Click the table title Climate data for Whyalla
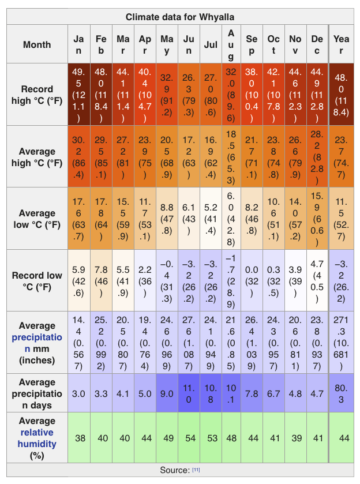point(180,17)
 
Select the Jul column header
point(211,45)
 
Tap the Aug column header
point(231,45)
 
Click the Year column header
point(341,45)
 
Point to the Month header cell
point(37,45)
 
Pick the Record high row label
point(37,95)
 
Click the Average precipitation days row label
point(37,393)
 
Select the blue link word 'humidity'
point(37,444)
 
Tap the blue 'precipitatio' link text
point(37,337)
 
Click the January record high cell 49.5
point(78,95)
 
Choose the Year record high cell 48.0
point(341,95)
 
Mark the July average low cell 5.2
point(211,219)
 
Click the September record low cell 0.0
point(252,281)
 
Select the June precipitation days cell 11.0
point(189,393)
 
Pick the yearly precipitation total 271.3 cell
point(341,343)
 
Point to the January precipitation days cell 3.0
point(78,393)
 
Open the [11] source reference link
point(196,470)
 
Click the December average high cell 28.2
point(317,156)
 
